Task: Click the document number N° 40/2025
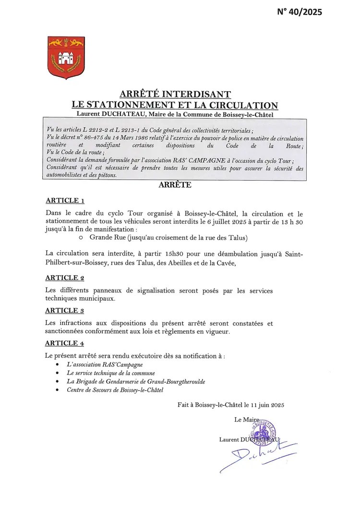[x=300, y=12]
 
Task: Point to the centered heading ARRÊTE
[x=175, y=185]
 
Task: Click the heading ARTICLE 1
[x=65, y=200]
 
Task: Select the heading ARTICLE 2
[x=65, y=278]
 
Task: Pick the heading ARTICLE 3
[x=65, y=310]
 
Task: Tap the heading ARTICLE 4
[x=65, y=343]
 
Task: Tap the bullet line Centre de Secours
[x=115, y=390]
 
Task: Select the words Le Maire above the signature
[x=246, y=419]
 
